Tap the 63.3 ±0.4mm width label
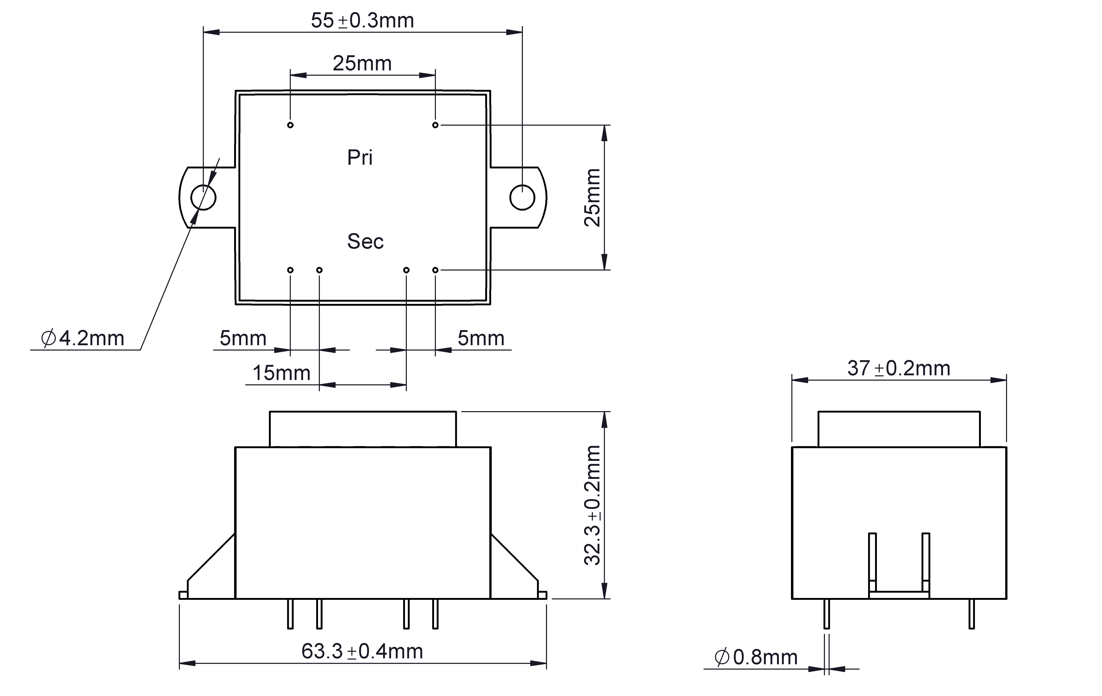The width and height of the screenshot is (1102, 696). coord(362,651)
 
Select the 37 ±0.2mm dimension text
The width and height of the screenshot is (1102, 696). coord(898,368)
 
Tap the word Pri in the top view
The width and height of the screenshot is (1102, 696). coord(360,157)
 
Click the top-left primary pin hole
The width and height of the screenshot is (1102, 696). coord(290,125)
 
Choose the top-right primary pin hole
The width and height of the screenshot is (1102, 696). coord(435,125)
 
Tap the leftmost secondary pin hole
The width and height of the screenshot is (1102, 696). coord(290,270)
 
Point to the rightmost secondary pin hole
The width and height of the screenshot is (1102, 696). coord(435,270)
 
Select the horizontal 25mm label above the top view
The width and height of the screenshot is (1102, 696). coord(362,64)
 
